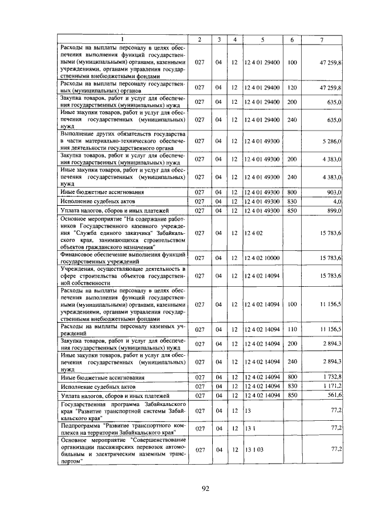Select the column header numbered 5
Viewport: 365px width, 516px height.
(x=262, y=39)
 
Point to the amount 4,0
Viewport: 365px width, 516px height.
(x=336, y=202)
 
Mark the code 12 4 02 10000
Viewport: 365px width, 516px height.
(x=262, y=258)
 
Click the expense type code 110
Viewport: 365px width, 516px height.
(x=292, y=330)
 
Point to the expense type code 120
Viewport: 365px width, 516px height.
(x=292, y=88)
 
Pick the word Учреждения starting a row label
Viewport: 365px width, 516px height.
(x=79, y=268)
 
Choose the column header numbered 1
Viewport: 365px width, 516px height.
(x=122, y=39)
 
